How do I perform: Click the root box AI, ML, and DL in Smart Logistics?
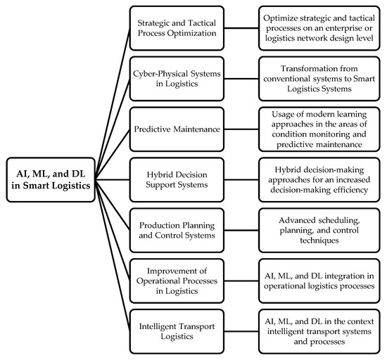click(49, 180)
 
